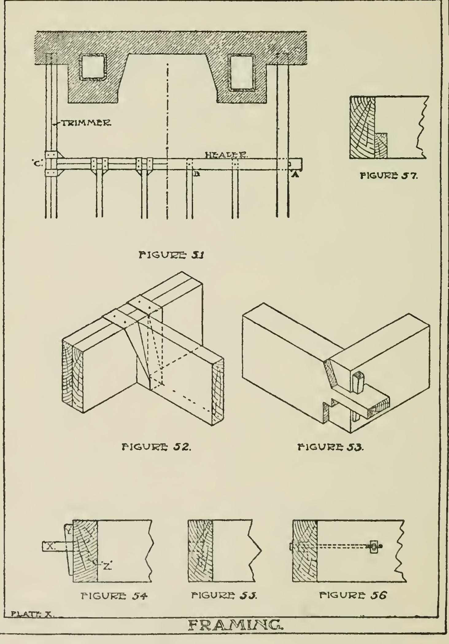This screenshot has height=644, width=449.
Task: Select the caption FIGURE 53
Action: [331, 447]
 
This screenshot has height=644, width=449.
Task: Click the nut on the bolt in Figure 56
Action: [374, 547]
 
